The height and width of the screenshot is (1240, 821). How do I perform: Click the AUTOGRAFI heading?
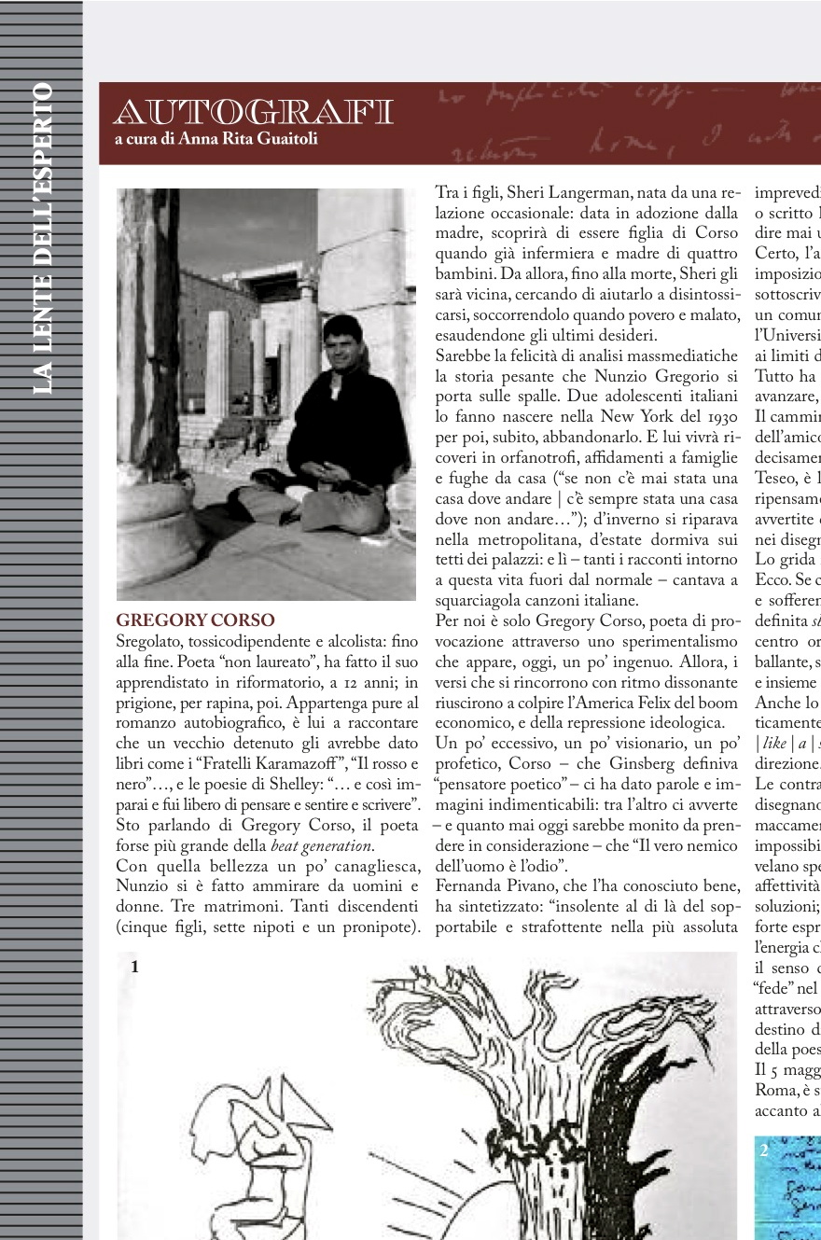[253, 113]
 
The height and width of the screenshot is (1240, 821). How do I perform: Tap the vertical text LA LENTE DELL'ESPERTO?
[42, 239]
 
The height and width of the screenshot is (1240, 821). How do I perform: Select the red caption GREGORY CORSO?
[195, 620]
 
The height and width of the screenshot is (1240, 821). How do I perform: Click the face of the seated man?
[343, 343]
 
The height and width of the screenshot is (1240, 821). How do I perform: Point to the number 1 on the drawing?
[134, 968]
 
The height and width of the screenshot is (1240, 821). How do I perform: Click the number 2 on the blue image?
[764, 1149]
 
